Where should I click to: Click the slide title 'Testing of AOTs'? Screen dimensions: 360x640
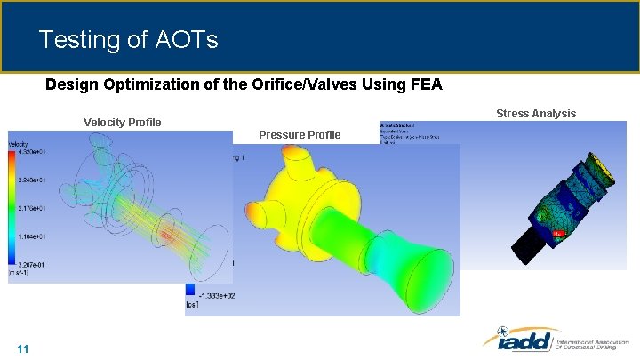129,40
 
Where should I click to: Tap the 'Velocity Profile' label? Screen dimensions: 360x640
122,122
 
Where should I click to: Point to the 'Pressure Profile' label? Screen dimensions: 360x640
299,134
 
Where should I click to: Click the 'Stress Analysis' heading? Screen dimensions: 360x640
535,113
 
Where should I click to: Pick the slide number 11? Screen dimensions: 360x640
23,348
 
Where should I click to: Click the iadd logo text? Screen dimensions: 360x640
517,340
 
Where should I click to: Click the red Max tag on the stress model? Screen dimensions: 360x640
558,233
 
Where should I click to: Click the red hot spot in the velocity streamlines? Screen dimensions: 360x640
165,235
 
